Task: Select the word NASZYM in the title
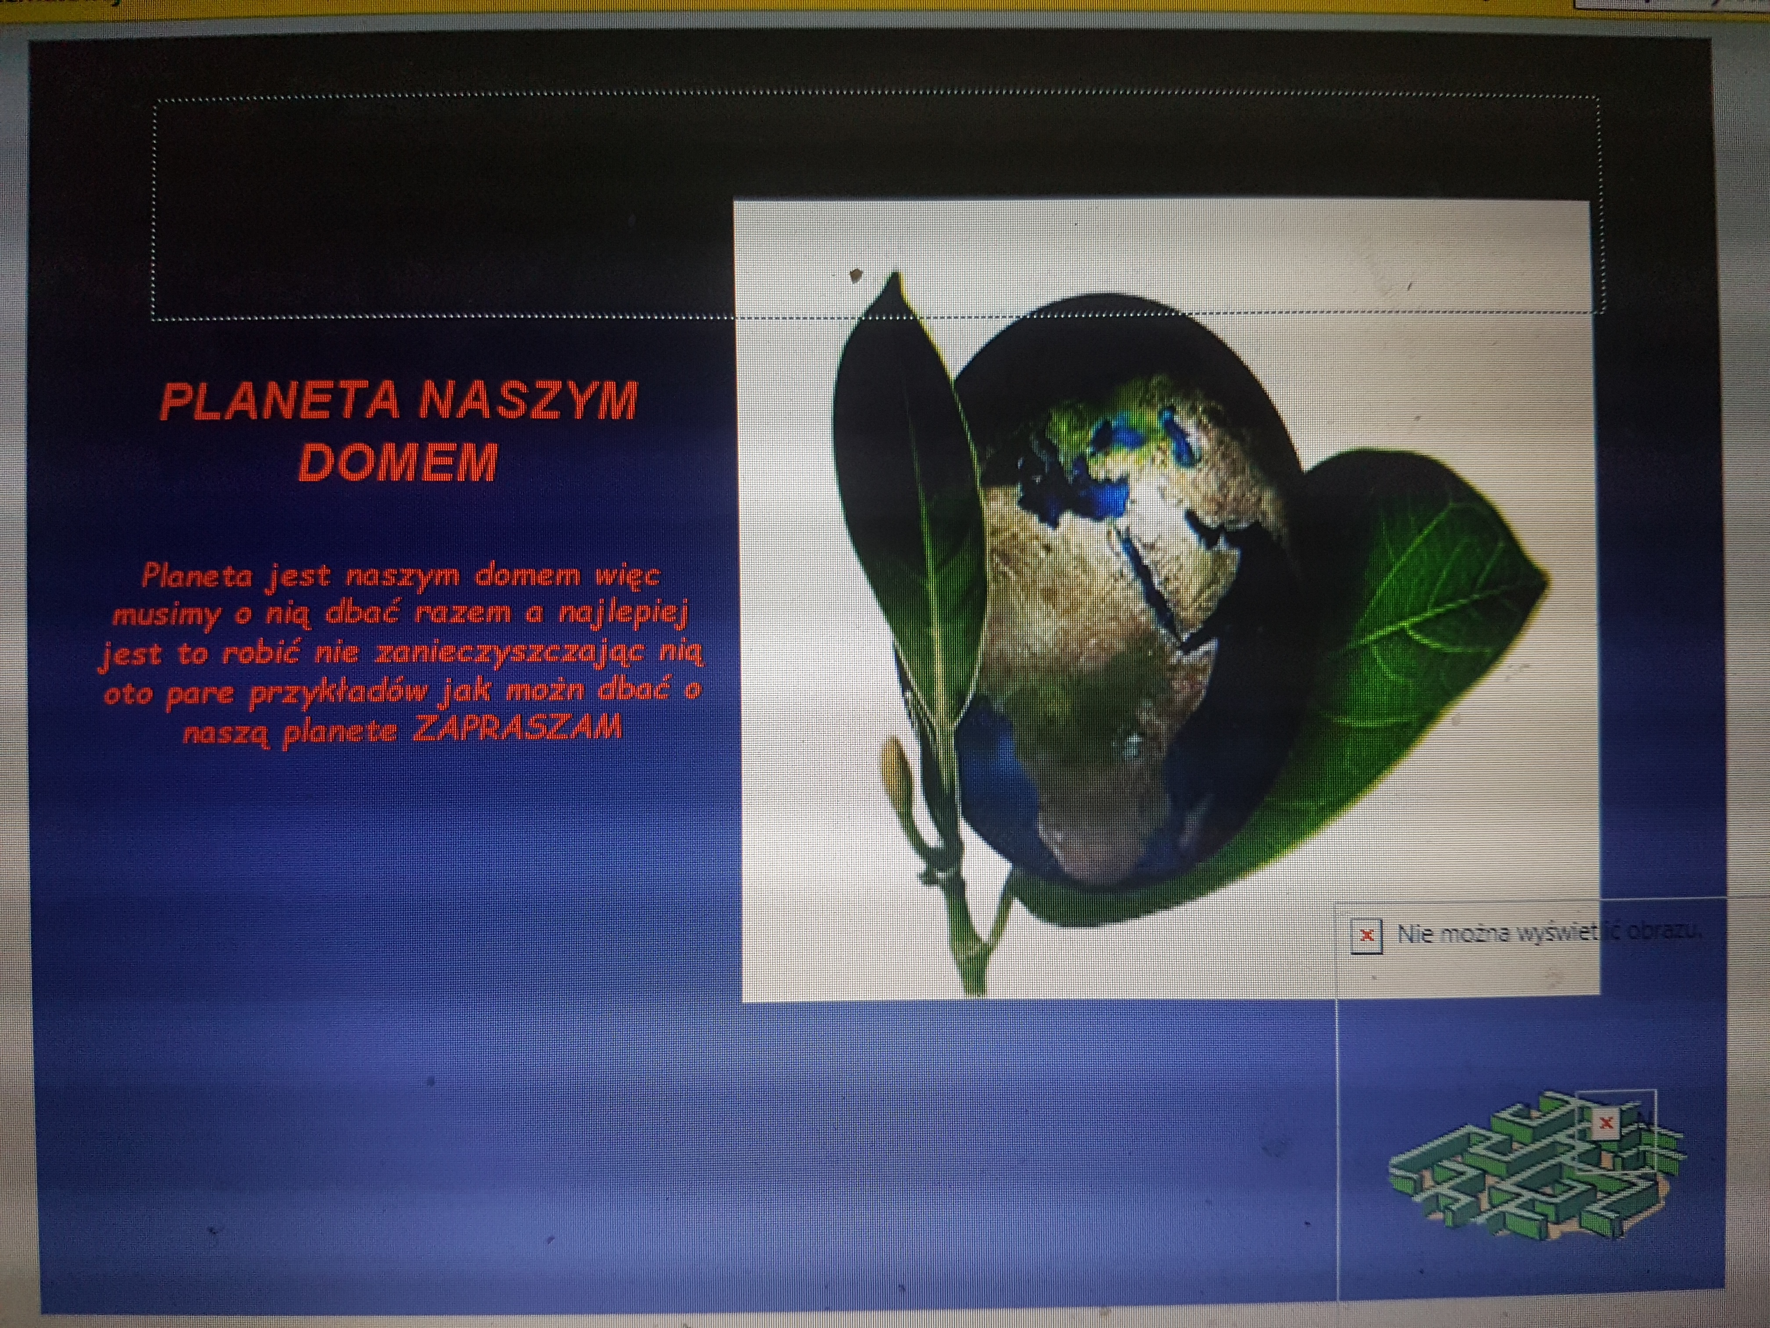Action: pos(528,400)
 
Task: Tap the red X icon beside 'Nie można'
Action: pos(1366,935)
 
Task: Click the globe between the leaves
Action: pos(1128,600)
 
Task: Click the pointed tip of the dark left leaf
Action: pos(895,274)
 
